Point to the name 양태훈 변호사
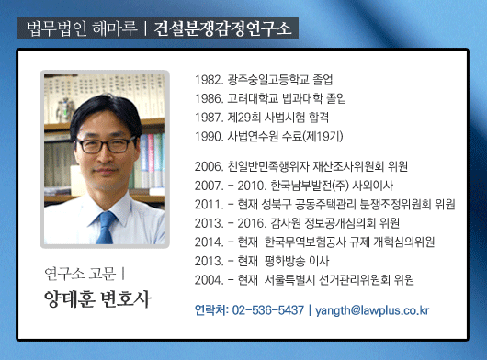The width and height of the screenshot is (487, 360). click(97, 299)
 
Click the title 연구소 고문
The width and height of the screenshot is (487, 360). click(79, 273)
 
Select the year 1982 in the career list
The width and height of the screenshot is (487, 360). click(209, 80)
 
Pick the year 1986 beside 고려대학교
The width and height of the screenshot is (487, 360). click(209, 98)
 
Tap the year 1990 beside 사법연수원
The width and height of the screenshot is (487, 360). click(209, 136)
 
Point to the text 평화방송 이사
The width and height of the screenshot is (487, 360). click(297, 261)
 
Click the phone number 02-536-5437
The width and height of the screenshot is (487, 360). click(267, 310)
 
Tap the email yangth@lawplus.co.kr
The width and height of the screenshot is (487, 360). click(372, 310)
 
